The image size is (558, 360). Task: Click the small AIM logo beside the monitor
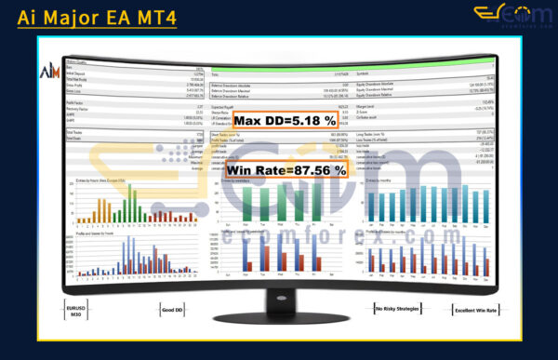point(47,73)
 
